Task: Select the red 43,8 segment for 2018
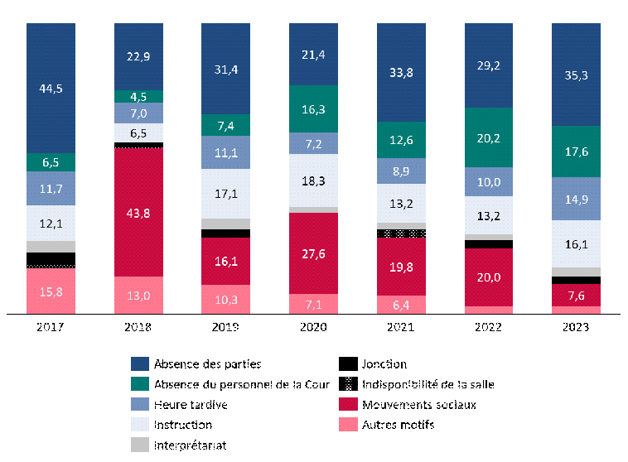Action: coord(138,212)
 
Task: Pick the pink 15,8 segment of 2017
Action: coord(51,291)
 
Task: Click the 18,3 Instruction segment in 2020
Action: coord(313,180)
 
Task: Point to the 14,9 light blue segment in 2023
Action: coord(576,199)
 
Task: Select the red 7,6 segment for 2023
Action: coord(576,296)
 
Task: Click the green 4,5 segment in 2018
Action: coord(138,96)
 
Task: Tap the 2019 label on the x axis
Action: coord(225,327)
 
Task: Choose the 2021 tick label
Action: coord(401,327)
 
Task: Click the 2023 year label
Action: coord(576,327)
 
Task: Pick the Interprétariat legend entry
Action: coord(191,445)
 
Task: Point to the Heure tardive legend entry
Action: coord(191,405)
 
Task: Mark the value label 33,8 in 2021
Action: coord(401,72)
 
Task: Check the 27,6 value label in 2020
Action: coord(313,253)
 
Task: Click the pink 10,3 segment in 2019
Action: coord(225,299)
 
